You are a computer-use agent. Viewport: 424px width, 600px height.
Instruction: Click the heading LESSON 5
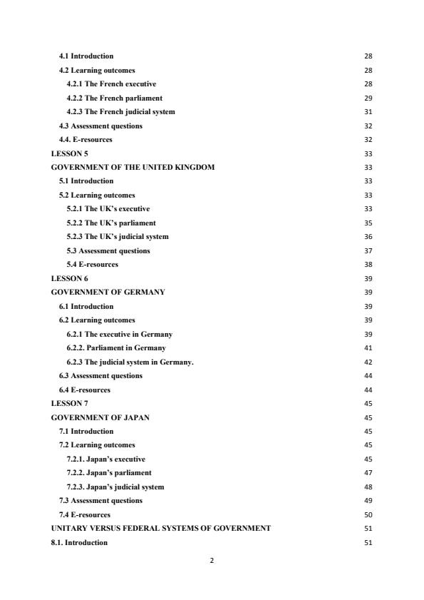tap(70, 153)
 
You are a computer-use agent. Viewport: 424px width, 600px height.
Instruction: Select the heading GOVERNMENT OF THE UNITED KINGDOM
tap(133, 167)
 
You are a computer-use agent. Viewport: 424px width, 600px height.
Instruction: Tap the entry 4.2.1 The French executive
tap(111, 84)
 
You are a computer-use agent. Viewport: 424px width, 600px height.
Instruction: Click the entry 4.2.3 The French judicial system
tap(120, 112)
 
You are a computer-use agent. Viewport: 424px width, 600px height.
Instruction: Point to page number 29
tap(368, 98)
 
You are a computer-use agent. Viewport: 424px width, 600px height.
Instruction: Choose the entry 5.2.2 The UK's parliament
tap(111, 223)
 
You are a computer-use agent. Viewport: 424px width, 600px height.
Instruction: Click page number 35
tap(368, 223)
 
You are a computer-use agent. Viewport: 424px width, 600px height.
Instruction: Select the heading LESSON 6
tap(70, 278)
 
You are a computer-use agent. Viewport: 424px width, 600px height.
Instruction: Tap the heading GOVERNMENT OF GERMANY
tap(108, 292)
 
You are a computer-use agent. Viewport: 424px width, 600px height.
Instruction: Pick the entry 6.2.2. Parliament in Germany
tap(116, 347)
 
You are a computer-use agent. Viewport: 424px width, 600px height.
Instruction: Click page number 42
tap(368, 362)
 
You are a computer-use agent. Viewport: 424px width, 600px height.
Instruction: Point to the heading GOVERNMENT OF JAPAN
tap(100, 417)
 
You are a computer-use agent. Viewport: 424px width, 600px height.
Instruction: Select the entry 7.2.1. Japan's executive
tap(105, 459)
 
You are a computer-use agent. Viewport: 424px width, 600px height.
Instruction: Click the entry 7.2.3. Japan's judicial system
tap(115, 487)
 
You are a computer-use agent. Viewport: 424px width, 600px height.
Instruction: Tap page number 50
tap(368, 514)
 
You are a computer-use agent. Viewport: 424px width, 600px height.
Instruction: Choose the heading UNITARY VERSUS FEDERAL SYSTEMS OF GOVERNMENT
tap(161, 528)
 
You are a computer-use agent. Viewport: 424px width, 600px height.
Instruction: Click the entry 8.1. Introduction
tap(79, 542)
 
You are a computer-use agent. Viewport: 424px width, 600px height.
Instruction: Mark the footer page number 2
tap(212, 561)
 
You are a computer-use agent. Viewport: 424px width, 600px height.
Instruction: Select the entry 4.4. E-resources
tap(86, 140)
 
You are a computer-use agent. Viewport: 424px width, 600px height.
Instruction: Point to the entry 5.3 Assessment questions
tap(108, 250)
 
